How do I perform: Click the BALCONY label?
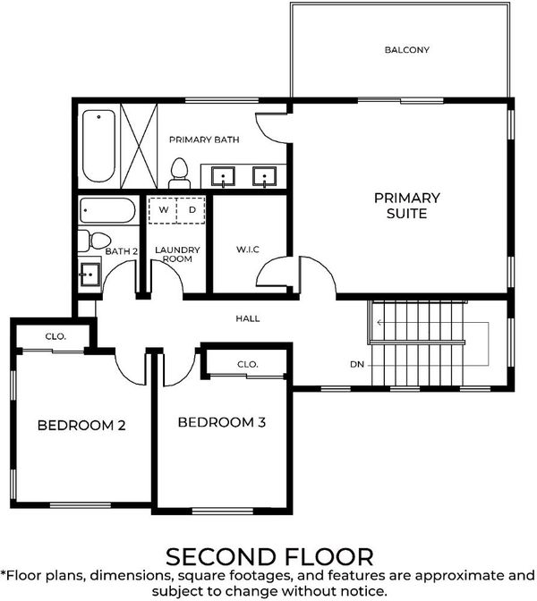click(407, 50)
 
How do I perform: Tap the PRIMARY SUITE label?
click(407, 206)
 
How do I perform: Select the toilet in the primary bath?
click(180, 174)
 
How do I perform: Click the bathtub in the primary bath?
click(99, 146)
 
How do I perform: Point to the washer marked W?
click(163, 210)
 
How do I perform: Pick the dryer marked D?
click(192, 210)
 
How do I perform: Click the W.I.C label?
click(248, 250)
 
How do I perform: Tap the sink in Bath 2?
click(89, 274)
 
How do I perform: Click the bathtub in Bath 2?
click(107, 210)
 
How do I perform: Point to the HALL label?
click(248, 318)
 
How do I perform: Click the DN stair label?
click(357, 364)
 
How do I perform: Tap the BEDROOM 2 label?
click(81, 425)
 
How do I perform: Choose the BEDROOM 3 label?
click(222, 422)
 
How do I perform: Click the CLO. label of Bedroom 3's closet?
click(248, 364)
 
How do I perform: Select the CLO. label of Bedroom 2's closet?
click(55, 336)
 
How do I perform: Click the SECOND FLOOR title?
click(269, 557)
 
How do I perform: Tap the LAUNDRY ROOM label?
click(177, 255)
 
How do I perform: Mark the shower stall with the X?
click(139, 146)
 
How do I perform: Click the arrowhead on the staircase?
click(379, 323)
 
